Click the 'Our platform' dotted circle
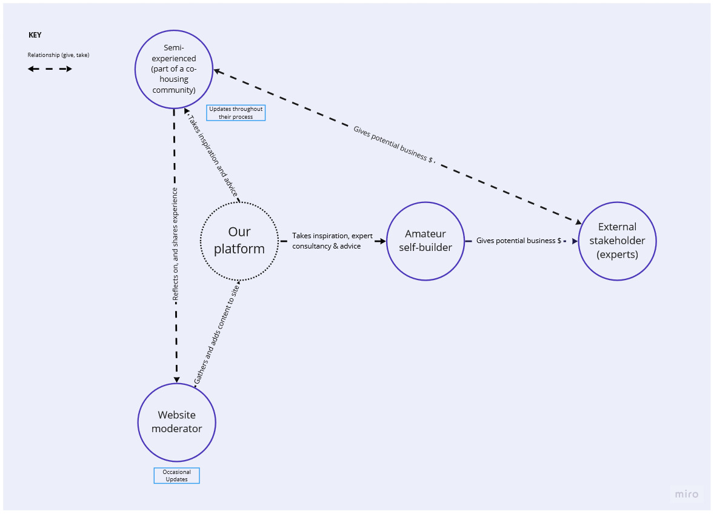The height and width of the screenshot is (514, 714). (x=239, y=241)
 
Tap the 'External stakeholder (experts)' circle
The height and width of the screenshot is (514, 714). (x=617, y=241)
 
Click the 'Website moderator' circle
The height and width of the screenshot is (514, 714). (x=176, y=422)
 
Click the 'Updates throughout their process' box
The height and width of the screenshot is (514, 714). (x=236, y=113)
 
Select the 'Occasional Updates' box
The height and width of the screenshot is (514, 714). (x=176, y=476)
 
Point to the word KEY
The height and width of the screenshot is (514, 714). (x=35, y=35)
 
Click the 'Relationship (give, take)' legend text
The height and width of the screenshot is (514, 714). (x=58, y=55)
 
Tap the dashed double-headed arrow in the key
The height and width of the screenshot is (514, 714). (x=50, y=69)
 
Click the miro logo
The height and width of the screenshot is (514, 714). (x=687, y=495)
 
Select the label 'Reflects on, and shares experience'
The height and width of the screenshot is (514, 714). (x=175, y=244)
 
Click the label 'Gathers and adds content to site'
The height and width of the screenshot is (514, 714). (x=216, y=333)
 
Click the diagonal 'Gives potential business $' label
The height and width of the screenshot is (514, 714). (x=394, y=144)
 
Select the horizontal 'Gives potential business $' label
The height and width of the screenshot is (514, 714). (x=518, y=241)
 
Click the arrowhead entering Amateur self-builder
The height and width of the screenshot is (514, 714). (x=381, y=241)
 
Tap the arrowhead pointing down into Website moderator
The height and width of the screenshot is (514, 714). (x=176, y=379)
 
